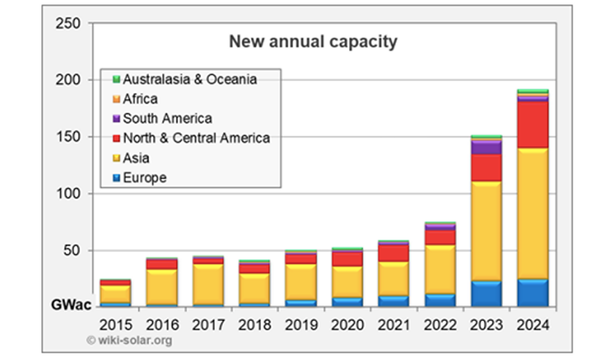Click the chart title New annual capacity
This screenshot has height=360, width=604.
(x=313, y=42)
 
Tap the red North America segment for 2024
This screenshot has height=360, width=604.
(x=533, y=124)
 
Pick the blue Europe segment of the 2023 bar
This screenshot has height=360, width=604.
(x=487, y=294)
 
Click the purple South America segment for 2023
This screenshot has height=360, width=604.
(x=487, y=148)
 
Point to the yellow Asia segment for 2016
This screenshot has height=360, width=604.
(x=162, y=287)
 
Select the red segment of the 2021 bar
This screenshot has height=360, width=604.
(x=394, y=253)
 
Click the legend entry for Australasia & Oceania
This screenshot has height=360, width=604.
(x=190, y=80)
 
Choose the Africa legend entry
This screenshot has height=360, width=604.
(x=140, y=99)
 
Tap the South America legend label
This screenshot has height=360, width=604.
(x=167, y=119)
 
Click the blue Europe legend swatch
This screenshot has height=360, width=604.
(x=116, y=178)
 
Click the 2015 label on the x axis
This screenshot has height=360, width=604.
(x=116, y=324)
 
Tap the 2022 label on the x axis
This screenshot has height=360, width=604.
(x=440, y=324)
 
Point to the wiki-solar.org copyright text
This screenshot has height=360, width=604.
(x=129, y=340)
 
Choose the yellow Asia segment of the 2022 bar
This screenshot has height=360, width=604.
(x=440, y=269)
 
